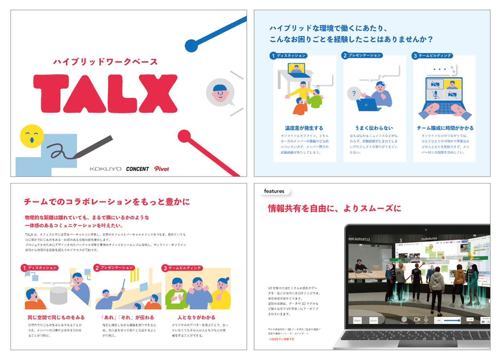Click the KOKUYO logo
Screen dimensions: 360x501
105,169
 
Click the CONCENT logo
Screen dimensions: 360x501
137,169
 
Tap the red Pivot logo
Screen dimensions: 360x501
161,168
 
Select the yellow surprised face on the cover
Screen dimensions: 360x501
32,136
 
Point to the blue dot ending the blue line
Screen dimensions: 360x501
191,45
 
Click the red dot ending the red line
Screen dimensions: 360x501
184,136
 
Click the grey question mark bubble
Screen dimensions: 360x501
354,93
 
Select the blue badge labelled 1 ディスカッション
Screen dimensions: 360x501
288,55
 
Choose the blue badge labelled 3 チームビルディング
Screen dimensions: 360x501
432,55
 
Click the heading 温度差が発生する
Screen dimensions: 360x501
304,128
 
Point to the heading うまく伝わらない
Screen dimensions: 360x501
374,128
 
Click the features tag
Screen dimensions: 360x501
274,191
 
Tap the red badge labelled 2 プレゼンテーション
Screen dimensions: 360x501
114,268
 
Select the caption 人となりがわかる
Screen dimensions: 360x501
196,317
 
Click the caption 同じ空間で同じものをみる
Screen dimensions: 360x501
56,317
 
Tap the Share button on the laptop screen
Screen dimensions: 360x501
357,320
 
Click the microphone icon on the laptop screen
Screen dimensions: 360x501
426,319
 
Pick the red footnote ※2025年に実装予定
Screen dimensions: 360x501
282,339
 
